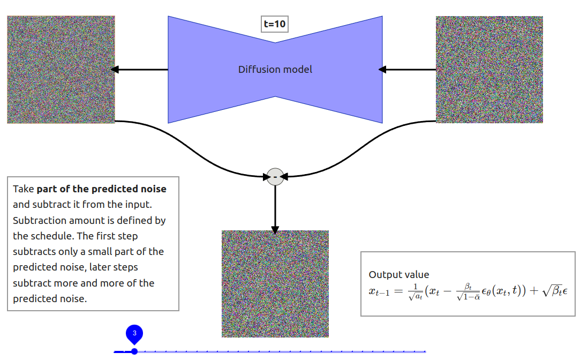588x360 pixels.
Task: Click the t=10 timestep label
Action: point(275,24)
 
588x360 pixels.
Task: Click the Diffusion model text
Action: point(275,70)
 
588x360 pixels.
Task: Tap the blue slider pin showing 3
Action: point(134,334)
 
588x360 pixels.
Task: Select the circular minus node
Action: point(275,176)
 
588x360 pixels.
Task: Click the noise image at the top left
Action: point(61,70)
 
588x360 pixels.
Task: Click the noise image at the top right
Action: point(489,70)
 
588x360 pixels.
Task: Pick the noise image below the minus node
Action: point(275,284)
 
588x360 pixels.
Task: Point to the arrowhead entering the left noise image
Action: point(114,70)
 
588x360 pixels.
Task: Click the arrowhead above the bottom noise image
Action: point(275,230)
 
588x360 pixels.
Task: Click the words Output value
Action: point(399,275)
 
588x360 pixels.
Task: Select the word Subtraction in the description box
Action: point(37,221)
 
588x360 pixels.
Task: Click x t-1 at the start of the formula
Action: point(379,291)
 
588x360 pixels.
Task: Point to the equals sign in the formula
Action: point(397,291)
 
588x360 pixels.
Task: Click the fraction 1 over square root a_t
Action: point(414,291)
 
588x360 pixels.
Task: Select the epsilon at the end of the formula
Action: point(564,291)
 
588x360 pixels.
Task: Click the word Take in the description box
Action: point(24,189)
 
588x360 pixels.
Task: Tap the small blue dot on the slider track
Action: point(134,351)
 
